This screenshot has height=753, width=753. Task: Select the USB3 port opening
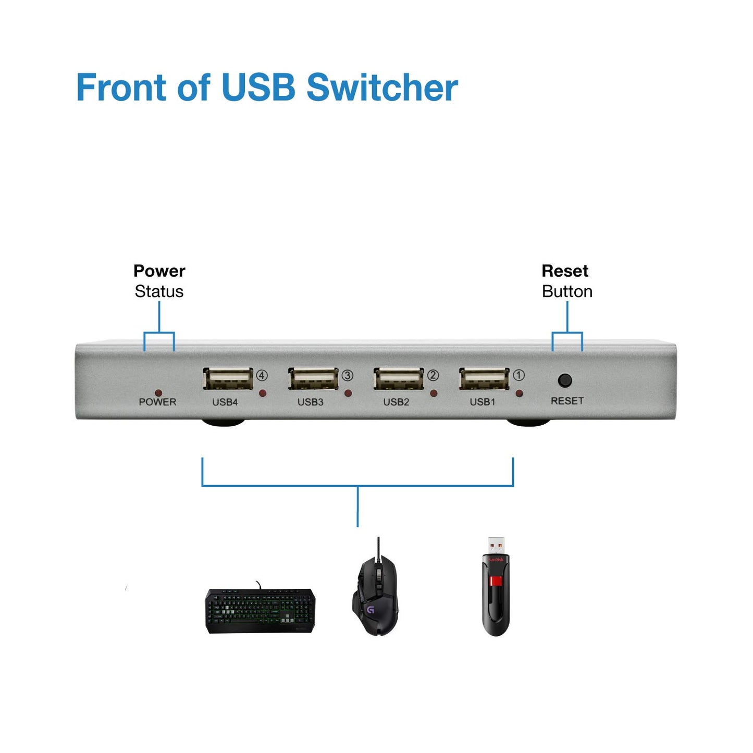[x=313, y=379]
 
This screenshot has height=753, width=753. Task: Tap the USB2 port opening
[x=399, y=379]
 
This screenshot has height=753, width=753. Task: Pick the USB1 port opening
[x=484, y=379]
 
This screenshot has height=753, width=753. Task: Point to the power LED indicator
[x=158, y=393]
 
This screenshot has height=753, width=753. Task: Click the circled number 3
[x=348, y=375]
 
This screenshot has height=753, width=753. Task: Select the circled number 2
[x=433, y=375]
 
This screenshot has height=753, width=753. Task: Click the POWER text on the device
[x=157, y=402]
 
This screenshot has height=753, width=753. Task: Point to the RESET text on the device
[x=567, y=401]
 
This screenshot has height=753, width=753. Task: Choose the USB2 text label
[x=396, y=402]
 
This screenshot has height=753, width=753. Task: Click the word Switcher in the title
[x=382, y=88]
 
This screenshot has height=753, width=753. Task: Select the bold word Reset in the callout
[x=565, y=271]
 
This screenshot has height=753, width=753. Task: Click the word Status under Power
[x=159, y=291]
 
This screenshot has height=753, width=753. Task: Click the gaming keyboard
[x=261, y=610]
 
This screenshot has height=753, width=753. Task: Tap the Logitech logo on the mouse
[x=371, y=609]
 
